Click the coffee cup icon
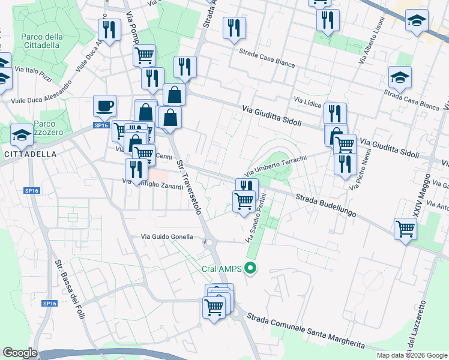tap(104, 107)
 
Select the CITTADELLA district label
tap(30, 154)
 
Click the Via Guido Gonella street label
tap(167, 237)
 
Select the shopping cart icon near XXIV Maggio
tap(405, 229)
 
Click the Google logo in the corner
tap(20, 353)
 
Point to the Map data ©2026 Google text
tap(411, 355)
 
